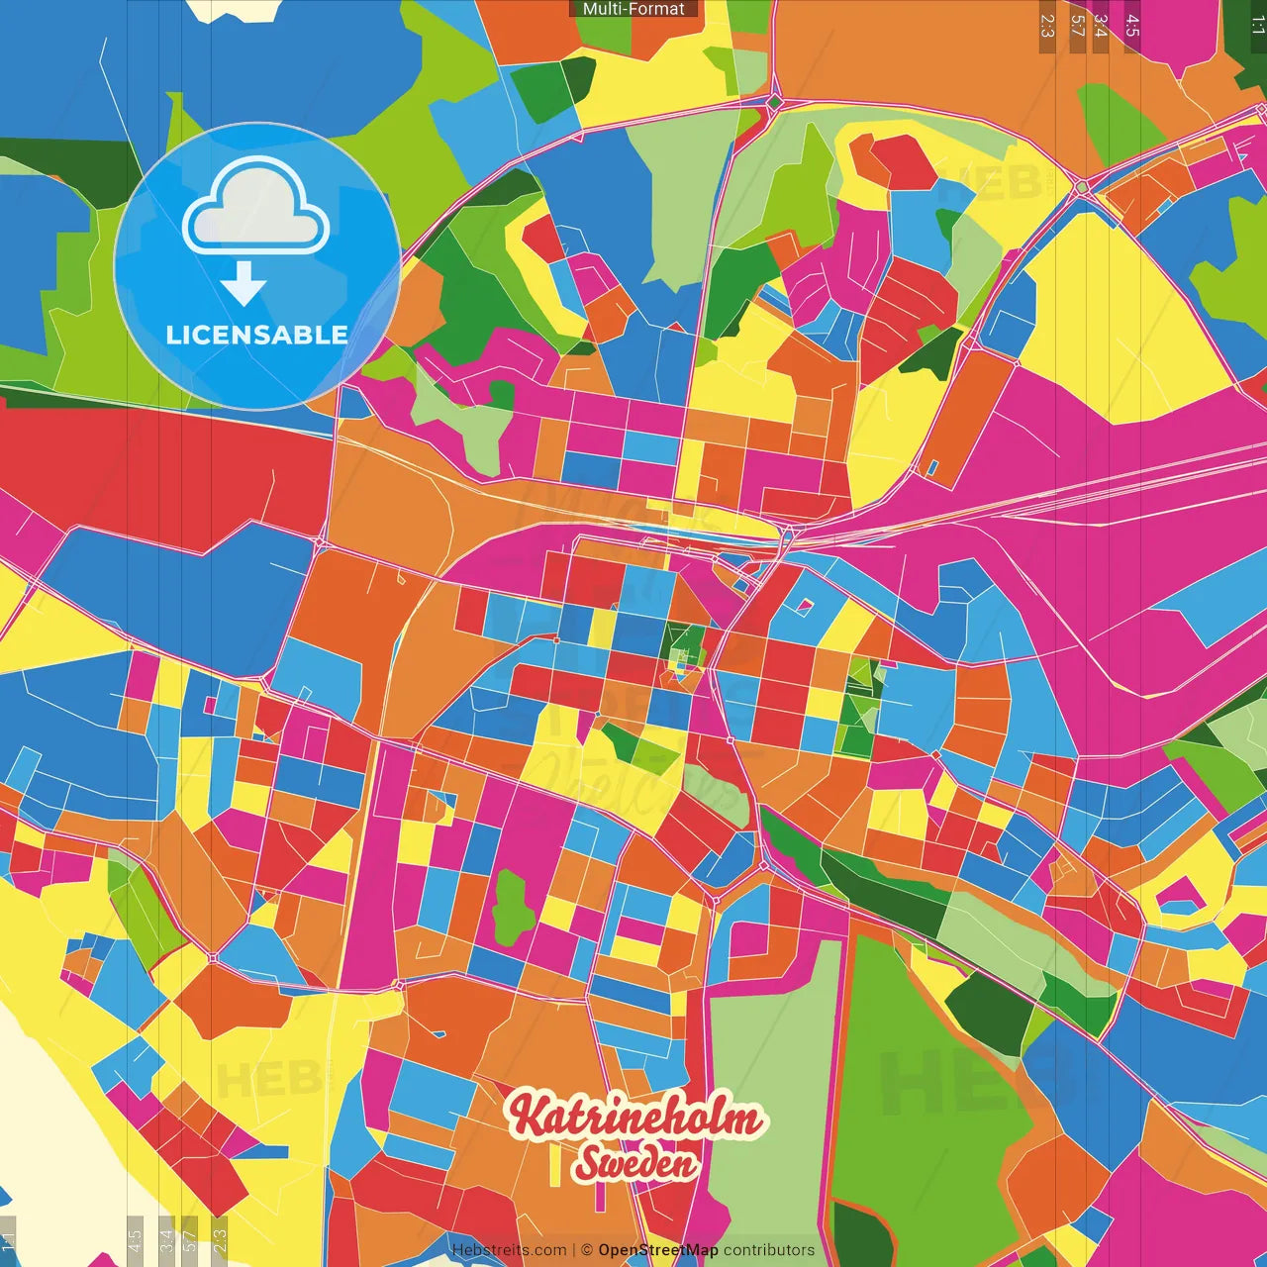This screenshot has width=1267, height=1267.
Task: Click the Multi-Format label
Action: click(x=633, y=9)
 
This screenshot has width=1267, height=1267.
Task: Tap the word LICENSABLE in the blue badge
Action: click(x=256, y=335)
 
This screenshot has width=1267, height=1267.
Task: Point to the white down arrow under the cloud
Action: click(x=244, y=284)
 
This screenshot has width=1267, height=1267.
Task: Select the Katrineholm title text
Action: click(x=636, y=1118)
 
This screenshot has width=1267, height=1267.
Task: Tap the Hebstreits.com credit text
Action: click(x=509, y=1250)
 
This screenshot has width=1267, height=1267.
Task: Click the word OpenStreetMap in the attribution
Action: click(x=658, y=1250)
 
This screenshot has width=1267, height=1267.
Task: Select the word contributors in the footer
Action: click(x=769, y=1250)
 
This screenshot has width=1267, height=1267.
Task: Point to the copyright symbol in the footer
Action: click(x=586, y=1250)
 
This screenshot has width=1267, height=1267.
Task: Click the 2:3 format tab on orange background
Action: click(x=1047, y=26)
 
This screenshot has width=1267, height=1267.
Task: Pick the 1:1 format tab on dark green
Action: click(x=1257, y=26)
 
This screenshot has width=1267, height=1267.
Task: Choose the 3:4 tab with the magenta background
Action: click(x=1101, y=26)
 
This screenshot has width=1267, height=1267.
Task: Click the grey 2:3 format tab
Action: click(x=220, y=1237)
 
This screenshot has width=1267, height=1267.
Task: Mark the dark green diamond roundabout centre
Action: click(x=775, y=102)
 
